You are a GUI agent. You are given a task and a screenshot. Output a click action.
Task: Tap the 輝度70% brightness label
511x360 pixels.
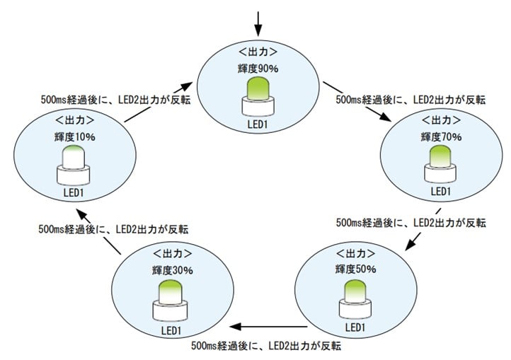(441, 136)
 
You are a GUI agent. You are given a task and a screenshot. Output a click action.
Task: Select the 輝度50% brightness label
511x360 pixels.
(356, 269)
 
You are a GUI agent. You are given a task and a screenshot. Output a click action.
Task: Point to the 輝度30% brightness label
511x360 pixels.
(172, 269)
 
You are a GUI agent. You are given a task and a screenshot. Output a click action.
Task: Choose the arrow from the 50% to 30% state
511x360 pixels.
(270, 327)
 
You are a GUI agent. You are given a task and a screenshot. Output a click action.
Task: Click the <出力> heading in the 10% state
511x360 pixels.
(74, 120)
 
